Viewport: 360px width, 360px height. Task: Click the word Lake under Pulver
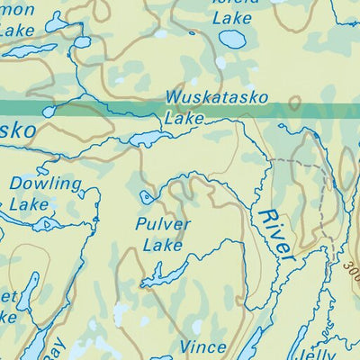[x=162, y=244]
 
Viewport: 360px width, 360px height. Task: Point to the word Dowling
[x=45, y=184]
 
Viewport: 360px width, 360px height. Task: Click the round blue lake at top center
[x=233, y=40]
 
